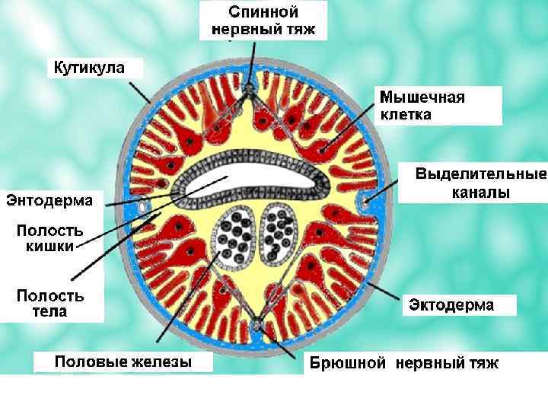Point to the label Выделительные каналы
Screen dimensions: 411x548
(x=480, y=183)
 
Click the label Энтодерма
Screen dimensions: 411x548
(x=49, y=200)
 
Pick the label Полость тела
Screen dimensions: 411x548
(x=51, y=303)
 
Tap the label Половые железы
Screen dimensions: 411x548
(x=123, y=362)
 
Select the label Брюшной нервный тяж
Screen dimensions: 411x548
(x=403, y=363)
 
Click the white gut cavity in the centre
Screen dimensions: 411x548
(x=251, y=183)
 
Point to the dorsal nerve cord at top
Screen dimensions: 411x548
(x=250, y=93)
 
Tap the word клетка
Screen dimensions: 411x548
(x=406, y=115)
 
